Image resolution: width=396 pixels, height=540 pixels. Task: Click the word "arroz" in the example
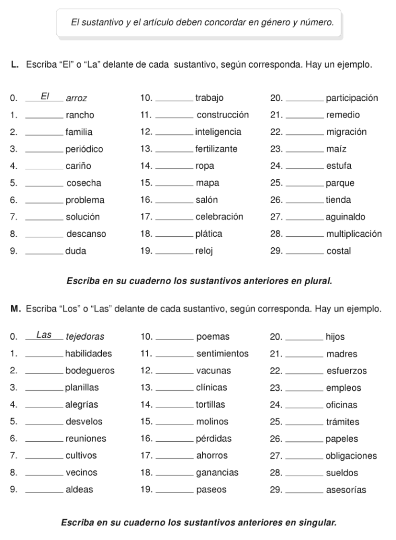(76, 98)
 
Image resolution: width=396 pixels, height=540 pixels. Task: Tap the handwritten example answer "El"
(45, 97)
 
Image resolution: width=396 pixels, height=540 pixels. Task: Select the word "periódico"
(84, 149)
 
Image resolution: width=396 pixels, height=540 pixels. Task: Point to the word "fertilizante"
(216, 149)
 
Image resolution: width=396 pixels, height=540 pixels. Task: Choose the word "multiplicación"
(353, 234)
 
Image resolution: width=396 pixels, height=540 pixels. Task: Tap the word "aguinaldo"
(345, 217)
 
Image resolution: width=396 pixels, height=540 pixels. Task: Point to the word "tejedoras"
(85, 336)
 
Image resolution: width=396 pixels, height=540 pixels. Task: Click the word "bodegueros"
(90, 371)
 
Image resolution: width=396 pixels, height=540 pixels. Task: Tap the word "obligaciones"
(351, 456)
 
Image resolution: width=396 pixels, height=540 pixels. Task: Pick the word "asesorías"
(346, 490)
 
